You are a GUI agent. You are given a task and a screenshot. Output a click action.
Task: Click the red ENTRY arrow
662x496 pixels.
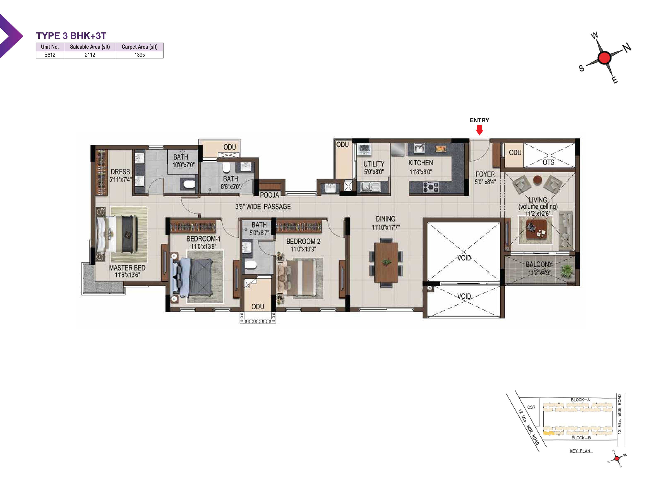(x=480, y=130)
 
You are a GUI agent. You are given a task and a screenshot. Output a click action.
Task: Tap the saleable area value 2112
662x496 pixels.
(x=90, y=55)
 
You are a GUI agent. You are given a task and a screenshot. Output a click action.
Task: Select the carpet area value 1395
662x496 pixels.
(x=139, y=55)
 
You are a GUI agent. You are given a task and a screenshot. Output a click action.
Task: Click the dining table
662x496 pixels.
(x=386, y=262)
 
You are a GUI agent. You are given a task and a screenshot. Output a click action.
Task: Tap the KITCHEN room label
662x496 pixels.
(x=421, y=163)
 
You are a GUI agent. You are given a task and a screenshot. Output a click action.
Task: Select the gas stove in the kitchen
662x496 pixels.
(x=431, y=187)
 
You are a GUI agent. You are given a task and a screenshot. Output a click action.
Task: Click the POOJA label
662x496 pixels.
(x=269, y=195)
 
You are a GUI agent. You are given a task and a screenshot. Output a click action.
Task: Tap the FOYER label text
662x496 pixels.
(x=485, y=174)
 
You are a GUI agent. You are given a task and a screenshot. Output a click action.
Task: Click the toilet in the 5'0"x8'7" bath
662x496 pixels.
(x=251, y=265)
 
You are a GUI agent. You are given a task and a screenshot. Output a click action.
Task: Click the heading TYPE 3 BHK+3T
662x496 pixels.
(x=71, y=36)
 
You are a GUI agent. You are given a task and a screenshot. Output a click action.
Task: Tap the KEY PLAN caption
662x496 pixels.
(x=580, y=451)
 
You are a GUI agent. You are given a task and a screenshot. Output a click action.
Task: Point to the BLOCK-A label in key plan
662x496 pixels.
(x=580, y=400)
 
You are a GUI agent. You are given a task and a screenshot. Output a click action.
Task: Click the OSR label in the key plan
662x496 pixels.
(x=531, y=407)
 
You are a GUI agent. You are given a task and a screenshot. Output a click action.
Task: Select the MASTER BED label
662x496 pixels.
(x=127, y=268)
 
